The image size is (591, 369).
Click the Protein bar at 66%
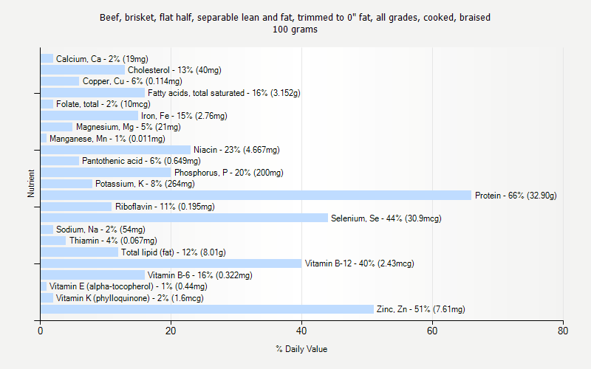[256, 196]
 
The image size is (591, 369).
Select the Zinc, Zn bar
[207, 309]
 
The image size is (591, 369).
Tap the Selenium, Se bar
[184, 218]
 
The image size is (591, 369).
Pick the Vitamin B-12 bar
[171, 263]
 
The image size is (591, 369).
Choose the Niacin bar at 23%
[115, 150]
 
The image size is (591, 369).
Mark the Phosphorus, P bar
[106, 173]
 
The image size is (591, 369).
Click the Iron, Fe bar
[89, 116]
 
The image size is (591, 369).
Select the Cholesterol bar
[83, 70]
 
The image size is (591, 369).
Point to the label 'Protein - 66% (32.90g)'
[516, 196]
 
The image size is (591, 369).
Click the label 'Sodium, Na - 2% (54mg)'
[100, 230]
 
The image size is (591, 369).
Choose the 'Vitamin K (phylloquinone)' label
[129, 298]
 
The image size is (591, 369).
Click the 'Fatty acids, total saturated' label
[224, 93]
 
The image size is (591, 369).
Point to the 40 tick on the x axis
[301, 320]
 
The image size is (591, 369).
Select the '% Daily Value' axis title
[301, 349]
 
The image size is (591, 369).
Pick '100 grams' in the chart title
[295, 30]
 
